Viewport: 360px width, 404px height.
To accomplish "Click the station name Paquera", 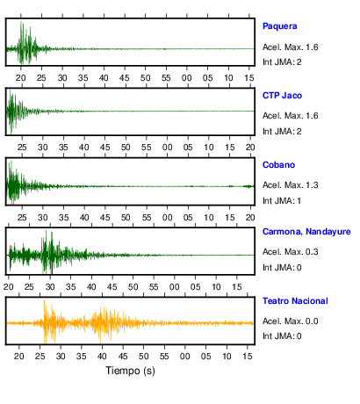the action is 280,26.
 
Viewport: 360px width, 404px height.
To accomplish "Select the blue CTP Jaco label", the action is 282,96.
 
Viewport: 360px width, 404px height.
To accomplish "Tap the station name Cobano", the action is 278,165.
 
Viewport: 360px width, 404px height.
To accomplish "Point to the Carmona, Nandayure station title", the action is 306,232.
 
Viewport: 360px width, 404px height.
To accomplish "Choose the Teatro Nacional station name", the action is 295,301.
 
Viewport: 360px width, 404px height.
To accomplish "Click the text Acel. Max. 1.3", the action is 291,185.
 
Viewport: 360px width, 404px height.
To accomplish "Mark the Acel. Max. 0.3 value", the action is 291,252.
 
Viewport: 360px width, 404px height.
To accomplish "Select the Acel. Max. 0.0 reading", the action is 291,321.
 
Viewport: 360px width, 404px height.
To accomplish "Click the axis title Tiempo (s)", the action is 130,371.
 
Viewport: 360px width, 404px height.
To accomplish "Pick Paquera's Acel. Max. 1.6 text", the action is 291,47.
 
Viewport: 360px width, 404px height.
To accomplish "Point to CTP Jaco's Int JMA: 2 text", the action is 282,132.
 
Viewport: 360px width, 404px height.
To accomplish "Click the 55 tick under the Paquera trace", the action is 166,78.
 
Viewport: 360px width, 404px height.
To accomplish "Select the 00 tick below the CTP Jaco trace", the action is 167,148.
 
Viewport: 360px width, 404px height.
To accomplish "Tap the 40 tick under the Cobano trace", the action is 84,218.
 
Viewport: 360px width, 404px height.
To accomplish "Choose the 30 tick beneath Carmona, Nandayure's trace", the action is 50,287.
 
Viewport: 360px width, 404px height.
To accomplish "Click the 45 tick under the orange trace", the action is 123,357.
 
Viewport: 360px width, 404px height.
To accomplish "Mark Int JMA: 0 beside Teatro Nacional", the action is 282,336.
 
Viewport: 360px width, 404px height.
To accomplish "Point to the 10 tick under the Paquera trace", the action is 228,78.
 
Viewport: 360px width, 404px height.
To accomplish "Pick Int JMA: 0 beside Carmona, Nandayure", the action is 282,268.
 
